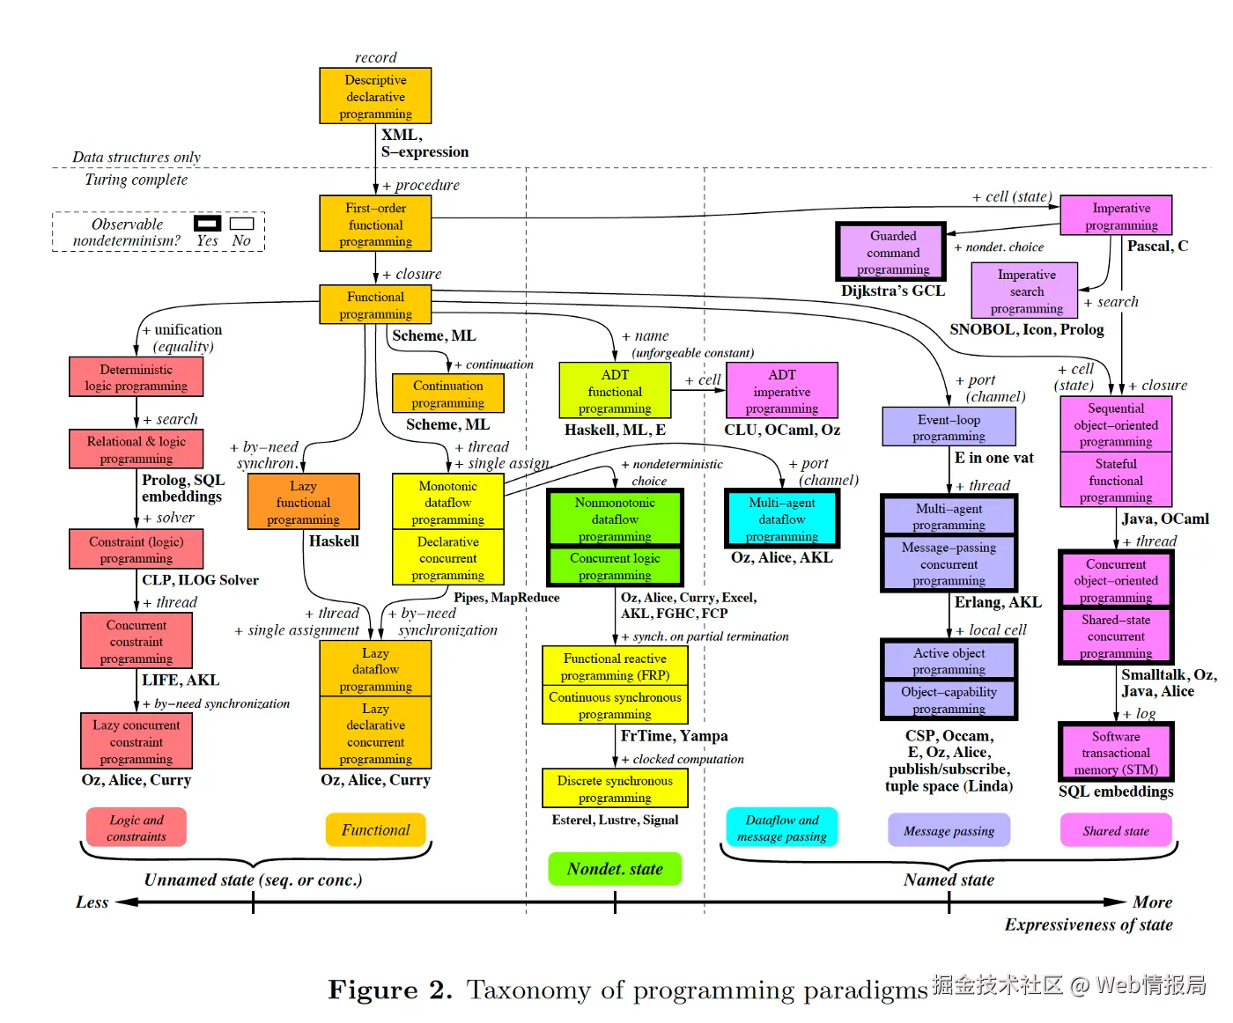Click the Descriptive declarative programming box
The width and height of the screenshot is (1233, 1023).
coord(375,96)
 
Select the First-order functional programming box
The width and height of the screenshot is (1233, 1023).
coord(375,224)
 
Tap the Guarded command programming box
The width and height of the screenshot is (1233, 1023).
coord(892,252)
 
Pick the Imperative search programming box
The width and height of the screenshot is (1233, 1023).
coord(1026,291)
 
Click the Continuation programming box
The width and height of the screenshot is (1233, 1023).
coord(447,394)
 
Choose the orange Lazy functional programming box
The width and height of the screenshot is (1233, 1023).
coord(303,503)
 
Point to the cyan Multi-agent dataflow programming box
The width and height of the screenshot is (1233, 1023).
coord(781,519)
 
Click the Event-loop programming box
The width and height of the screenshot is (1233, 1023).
coord(949,427)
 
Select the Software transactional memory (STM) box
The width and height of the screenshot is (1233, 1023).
coord(1115,753)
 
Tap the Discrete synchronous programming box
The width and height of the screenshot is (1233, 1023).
coord(614,788)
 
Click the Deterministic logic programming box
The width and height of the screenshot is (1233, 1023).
coord(136,377)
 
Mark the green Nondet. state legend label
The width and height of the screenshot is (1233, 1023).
coord(615,869)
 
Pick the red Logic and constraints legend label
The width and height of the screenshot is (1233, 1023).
coord(137,828)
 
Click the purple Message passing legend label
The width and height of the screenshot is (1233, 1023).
coord(949,830)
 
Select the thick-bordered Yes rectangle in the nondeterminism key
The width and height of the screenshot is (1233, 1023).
coord(208,224)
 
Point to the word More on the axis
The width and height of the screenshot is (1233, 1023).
coord(1152,902)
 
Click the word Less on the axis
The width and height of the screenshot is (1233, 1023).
coord(92,902)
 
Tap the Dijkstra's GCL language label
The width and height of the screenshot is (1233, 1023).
coord(892,291)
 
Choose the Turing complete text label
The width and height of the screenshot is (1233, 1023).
coord(136,180)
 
